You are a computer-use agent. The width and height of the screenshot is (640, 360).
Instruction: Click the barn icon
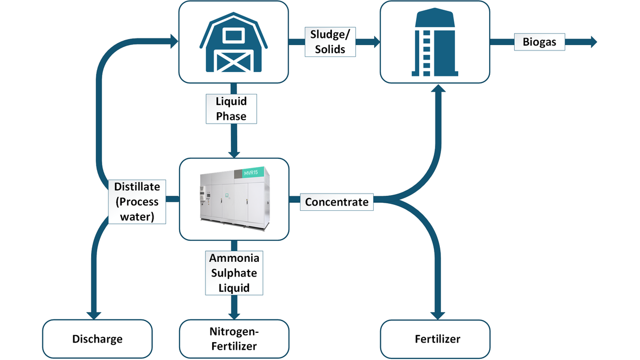pos(233,42)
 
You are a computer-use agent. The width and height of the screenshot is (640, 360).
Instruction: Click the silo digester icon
pos(434,42)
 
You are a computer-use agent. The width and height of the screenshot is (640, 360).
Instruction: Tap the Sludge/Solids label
pos(330,42)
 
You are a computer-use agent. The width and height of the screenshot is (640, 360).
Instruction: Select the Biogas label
pos(539,42)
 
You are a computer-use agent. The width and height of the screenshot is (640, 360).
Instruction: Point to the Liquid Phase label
pos(231,108)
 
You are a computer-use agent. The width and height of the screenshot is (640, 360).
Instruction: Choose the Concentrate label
pos(336,202)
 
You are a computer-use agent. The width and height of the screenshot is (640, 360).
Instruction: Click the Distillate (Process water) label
pos(137,202)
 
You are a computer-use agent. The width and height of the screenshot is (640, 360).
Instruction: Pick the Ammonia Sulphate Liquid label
pos(234,272)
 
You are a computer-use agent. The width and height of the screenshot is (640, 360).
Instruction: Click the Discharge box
pos(97,339)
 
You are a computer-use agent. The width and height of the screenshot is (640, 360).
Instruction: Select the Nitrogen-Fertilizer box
pos(234,339)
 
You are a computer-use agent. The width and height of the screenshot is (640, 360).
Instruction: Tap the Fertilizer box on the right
pos(437,339)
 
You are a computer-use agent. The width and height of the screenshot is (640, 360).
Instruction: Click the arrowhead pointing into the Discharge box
pos(94,314)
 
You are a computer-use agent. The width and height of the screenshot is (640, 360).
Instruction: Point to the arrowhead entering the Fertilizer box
pos(438,314)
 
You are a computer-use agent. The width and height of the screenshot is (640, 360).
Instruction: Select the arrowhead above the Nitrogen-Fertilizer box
pos(234,314)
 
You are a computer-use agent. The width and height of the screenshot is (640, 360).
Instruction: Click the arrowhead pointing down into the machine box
pos(234,153)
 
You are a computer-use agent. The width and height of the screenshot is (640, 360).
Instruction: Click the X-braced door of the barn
pos(233,61)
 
